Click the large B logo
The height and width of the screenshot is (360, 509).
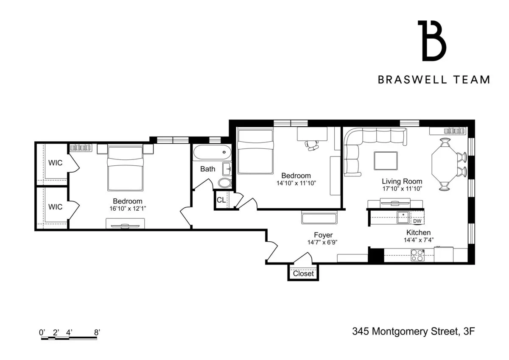coord(432,41)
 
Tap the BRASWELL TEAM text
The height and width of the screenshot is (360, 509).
coord(434,80)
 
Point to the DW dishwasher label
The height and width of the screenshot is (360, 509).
coord(417,221)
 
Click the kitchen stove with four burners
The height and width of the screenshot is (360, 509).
coord(417,255)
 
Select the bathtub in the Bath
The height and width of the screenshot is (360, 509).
coord(212,153)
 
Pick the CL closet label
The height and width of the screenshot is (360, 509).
coord(221,200)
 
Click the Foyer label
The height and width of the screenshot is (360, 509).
coord(323,235)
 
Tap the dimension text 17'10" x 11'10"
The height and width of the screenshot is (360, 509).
coord(402,189)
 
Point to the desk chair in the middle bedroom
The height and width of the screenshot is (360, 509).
coord(313,145)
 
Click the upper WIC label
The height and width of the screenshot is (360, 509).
coord(55,162)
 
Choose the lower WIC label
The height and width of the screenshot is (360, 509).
coord(55,207)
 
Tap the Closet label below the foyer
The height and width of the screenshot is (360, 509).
coord(303,273)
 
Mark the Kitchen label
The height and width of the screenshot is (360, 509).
coord(418,232)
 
